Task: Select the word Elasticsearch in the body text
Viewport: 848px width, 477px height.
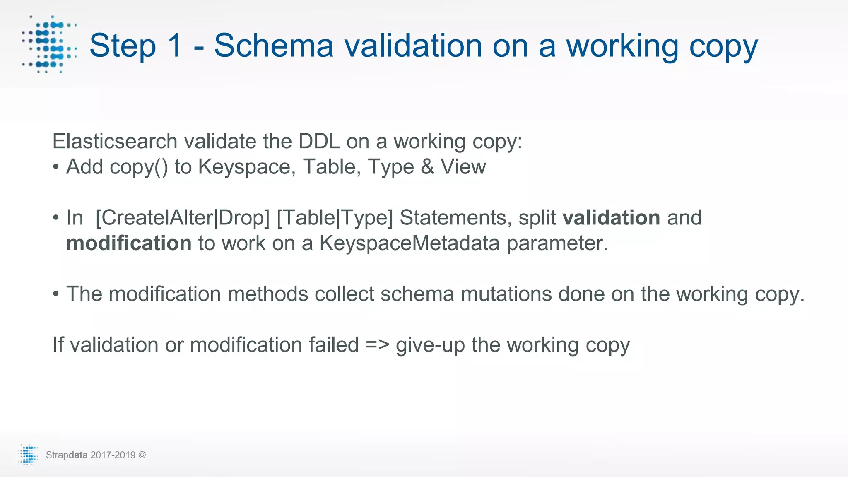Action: click(x=115, y=142)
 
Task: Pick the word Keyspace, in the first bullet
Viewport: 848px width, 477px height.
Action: click(x=247, y=167)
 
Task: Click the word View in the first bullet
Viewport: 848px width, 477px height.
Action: click(x=463, y=167)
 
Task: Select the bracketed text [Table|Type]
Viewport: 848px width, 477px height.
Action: click(x=335, y=218)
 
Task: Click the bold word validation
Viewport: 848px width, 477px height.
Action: click(x=611, y=218)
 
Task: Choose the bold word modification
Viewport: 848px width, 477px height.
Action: click(x=129, y=243)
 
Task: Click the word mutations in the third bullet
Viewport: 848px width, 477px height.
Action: click(x=506, y=294)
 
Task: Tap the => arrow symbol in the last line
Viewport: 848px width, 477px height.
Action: click(x=377, y=345)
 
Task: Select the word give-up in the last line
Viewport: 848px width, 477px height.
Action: click(x=430, y=345)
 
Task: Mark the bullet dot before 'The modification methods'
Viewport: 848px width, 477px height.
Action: click(x=56, y=294)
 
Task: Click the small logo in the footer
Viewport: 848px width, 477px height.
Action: click(x=28, y=455)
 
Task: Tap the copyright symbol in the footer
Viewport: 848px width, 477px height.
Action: click(x=142, y=455)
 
